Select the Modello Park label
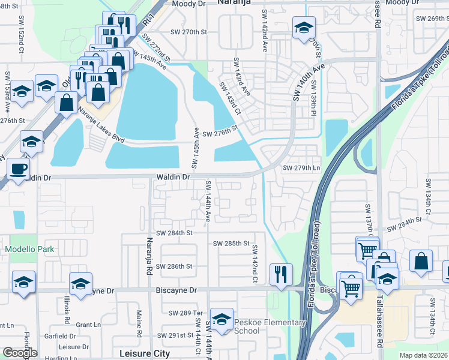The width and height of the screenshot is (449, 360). point(29,249)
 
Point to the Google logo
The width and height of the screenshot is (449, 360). point(20,353)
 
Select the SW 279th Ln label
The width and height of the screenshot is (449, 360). point(301,167)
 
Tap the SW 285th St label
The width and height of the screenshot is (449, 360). point(231,243)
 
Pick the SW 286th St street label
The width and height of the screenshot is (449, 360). point(173,266)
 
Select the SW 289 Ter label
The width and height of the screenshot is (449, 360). point(187,313)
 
